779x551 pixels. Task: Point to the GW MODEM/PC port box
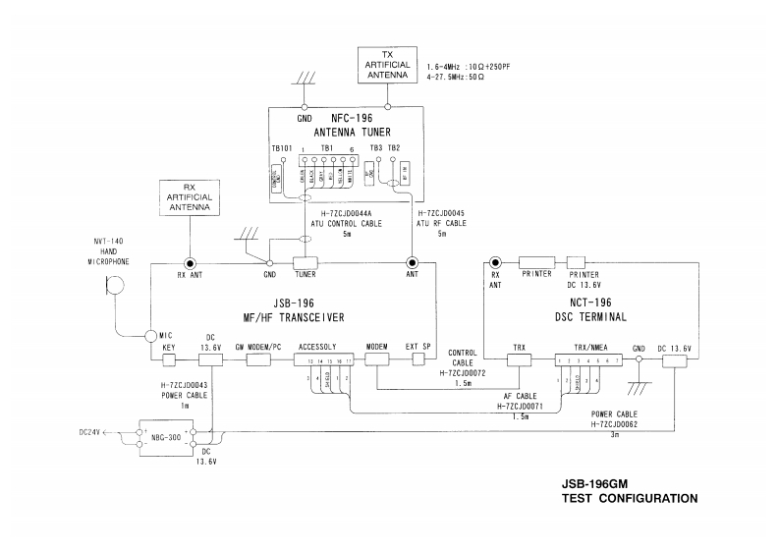pos(258,359)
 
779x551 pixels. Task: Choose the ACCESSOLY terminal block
pos(320,359)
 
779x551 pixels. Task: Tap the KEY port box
pos(169,359)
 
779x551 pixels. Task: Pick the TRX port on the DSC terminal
pos(518,359)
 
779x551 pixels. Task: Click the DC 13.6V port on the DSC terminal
pos(675,359)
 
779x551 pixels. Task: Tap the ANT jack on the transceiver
pos(412,263)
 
